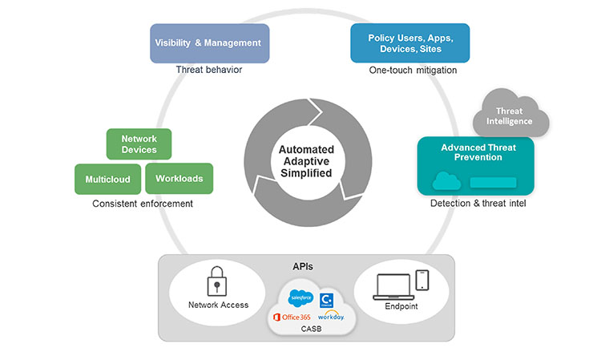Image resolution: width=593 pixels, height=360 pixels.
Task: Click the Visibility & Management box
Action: click(x=209, y=43)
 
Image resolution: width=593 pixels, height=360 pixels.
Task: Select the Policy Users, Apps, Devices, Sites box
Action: click(x=409, y=43)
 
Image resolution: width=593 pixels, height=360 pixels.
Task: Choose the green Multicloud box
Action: click(x=107, y=179)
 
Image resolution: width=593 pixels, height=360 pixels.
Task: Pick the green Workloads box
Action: click(x=179, y=178)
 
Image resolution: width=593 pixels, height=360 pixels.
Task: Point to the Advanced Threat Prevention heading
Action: click(x=478, y=152)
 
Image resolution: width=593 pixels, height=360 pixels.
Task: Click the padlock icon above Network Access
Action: click(x=218, y=281)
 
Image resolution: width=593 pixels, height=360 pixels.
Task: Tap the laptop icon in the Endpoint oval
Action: click(x=393, y=287)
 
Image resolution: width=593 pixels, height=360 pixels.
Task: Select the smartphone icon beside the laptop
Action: click(x=423, y=281)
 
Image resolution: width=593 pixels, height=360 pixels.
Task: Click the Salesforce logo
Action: click(x=300, y=297)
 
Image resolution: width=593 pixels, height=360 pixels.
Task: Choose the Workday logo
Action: click(x=329, y=316)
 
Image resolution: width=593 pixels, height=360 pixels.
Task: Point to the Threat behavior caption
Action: click(x=209, y=70)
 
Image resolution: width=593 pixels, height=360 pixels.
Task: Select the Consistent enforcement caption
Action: click(x=143, y=204)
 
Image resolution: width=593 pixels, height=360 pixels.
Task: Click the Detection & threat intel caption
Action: click(x=478, y=204)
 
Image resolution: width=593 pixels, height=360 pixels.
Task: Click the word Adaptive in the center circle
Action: click(x=305, y=160)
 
